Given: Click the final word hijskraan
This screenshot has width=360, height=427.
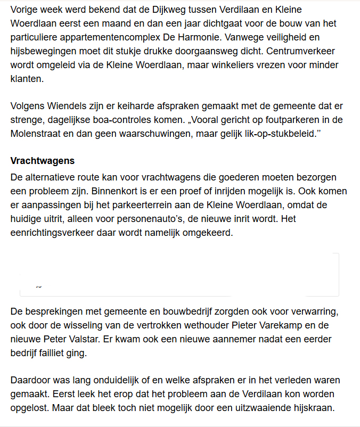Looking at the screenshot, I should [x=310, y=408].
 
